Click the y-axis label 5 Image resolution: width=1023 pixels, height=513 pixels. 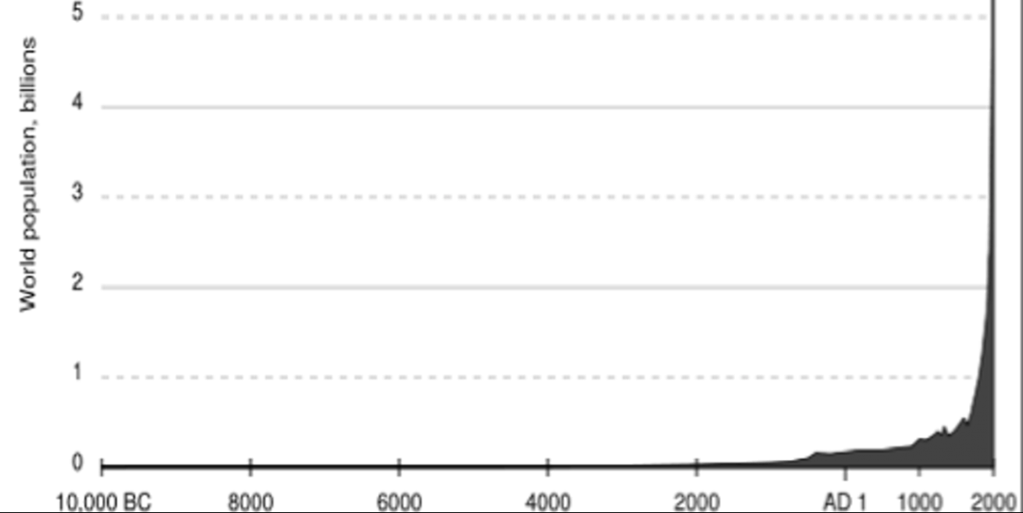point(79,11)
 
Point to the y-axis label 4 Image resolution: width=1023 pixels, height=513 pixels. point(79,102)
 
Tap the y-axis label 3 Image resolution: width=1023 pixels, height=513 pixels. point(79,193)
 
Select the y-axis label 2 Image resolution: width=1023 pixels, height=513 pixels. point(79,284)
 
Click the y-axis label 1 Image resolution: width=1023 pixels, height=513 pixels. point(79,373)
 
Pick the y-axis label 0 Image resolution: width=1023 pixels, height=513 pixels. point(79,464)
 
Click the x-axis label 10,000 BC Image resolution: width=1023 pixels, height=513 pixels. point(104,503)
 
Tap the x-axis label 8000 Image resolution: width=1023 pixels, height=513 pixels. point(250,503)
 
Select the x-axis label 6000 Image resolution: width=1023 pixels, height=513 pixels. point(400,503)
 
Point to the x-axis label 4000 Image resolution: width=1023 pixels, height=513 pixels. point(548,503)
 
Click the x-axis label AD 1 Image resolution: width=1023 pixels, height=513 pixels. point(845,503)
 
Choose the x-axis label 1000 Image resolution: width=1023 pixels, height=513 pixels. point(920,503)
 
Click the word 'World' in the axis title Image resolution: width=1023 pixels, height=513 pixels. point(27,284)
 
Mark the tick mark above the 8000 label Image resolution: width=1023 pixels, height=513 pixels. point(250,466)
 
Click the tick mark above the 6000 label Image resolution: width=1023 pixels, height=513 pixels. point(400,466)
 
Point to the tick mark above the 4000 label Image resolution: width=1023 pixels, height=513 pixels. point(548,466)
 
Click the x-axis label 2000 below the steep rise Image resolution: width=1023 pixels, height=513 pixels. point(994,503)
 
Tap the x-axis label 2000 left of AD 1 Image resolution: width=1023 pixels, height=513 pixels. point(697,503)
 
